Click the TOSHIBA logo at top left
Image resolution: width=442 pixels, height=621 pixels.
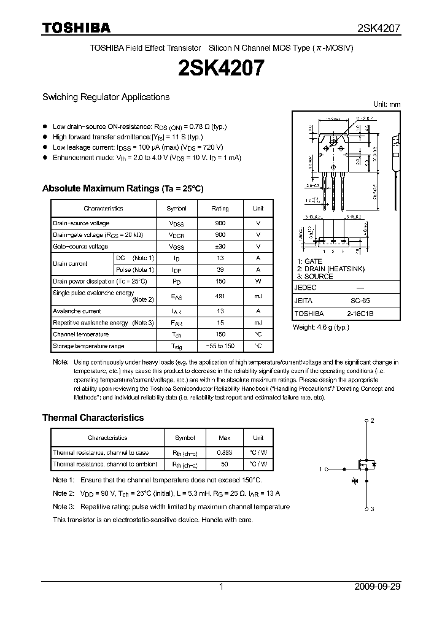pyautogui.click(x=76, y=28)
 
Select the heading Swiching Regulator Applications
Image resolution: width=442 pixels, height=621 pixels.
pyautogui.click(x=106, y=97)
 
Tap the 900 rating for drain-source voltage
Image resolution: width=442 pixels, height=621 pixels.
pyautogui.click(x=220, y=223)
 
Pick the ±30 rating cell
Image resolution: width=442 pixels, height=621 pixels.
pyautogui.click(x=220, y=247)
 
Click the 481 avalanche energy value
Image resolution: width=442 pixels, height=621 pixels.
pyautogui.click(x=220, y=296)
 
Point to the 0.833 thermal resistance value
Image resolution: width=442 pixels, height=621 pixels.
pyautogui.click(x=225, y=453)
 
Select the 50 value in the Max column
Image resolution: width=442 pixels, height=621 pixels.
pyautogui.click(x=225, y=465)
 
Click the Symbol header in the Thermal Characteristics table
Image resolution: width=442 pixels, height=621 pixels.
pyautogui.click(x=185, y=438)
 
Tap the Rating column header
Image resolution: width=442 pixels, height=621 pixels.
pyautogui.click(x=220, y=209)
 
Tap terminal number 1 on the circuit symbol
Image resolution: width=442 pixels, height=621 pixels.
pyautogui.click(x=320, y=469)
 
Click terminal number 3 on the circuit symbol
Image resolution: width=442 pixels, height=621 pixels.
pyautogui.click(x=372, y=509)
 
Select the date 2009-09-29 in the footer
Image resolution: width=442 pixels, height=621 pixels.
pyautogui.click(x=378, y=587)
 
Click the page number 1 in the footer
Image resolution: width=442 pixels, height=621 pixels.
pyautogui.click(x=221, y=587)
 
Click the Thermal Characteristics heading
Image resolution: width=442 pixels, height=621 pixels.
pyautogui.click(x=93, y=418)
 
